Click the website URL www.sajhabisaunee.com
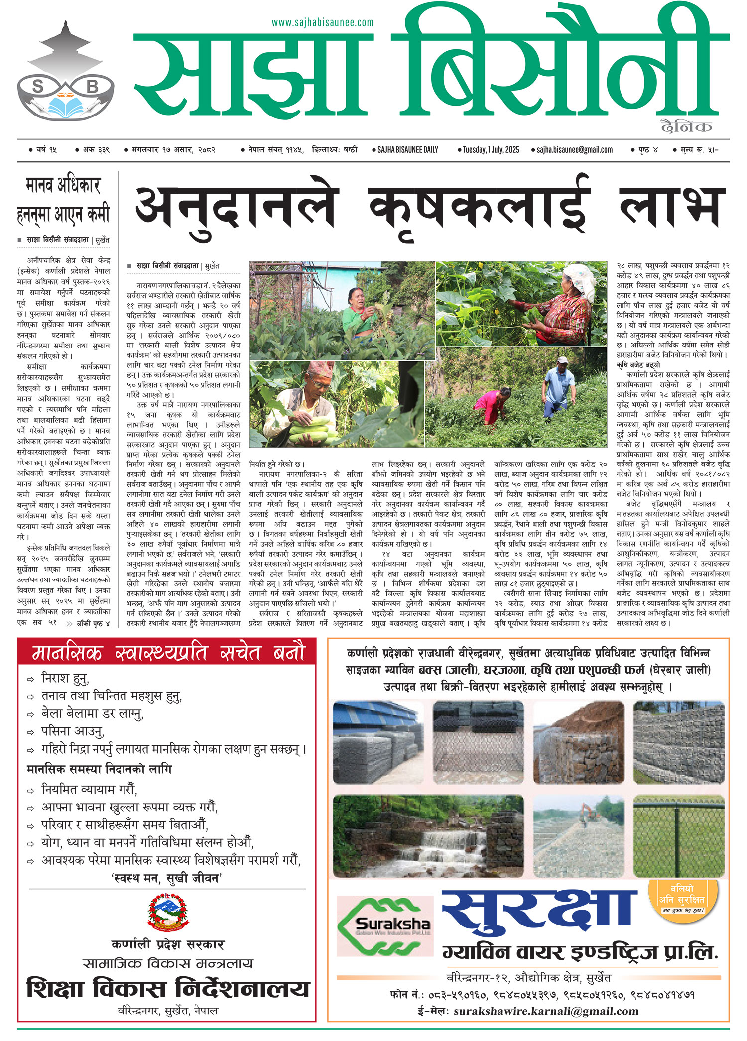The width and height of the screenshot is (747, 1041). [x=322, y=23]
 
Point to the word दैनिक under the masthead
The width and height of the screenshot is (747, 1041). [x=686, y=127]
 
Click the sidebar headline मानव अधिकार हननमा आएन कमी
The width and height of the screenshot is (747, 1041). [x=63, y=200]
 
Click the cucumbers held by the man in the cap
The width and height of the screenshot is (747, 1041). [x=311, y=430]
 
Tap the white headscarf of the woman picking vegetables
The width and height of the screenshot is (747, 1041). [x=581, y=279]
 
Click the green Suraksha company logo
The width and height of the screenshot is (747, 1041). [x=383, y=925]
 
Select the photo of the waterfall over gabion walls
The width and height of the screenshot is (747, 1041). [x=428, y=837]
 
